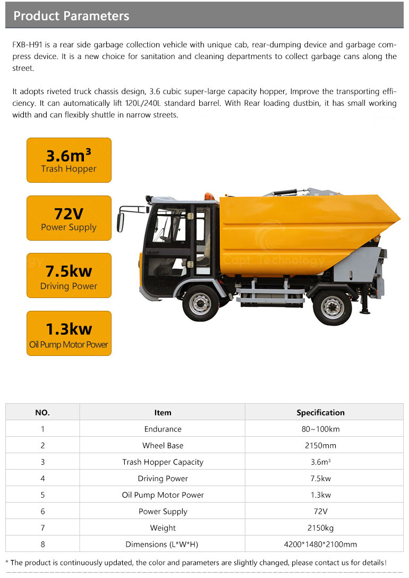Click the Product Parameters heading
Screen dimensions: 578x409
[71, 16]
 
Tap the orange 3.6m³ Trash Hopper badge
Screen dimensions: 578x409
[69, 160]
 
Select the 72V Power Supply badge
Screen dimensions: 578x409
[69, 218]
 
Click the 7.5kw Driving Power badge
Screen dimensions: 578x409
[69, 276]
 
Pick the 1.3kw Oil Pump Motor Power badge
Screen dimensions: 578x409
[69, 334]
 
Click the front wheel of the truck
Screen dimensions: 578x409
[200, 303]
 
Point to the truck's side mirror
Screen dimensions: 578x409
[121, 222]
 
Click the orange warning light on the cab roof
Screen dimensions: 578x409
[210, 196]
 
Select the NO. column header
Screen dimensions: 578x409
[42, 412]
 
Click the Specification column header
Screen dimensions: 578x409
[320, 412]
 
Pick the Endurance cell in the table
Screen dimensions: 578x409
[163, 429]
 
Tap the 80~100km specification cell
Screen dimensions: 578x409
[320, 429]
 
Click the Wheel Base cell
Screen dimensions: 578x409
[163, 445]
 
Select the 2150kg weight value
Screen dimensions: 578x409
[320, 528]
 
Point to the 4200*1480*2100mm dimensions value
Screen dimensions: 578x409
[320, 544]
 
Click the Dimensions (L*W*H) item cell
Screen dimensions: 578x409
[163, 544]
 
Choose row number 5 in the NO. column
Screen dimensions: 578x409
[42, 495]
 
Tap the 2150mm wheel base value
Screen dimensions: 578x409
[320, 445]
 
